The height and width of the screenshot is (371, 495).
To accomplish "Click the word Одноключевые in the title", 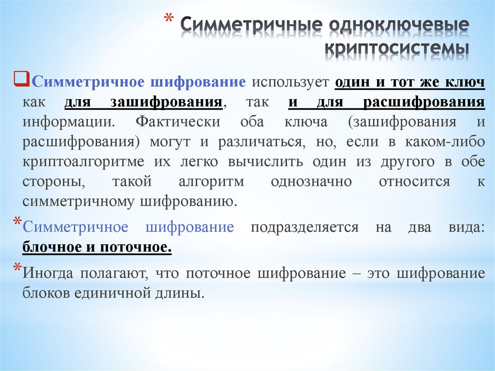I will pos(399,26).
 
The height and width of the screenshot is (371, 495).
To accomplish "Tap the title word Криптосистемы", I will pos(396,49).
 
